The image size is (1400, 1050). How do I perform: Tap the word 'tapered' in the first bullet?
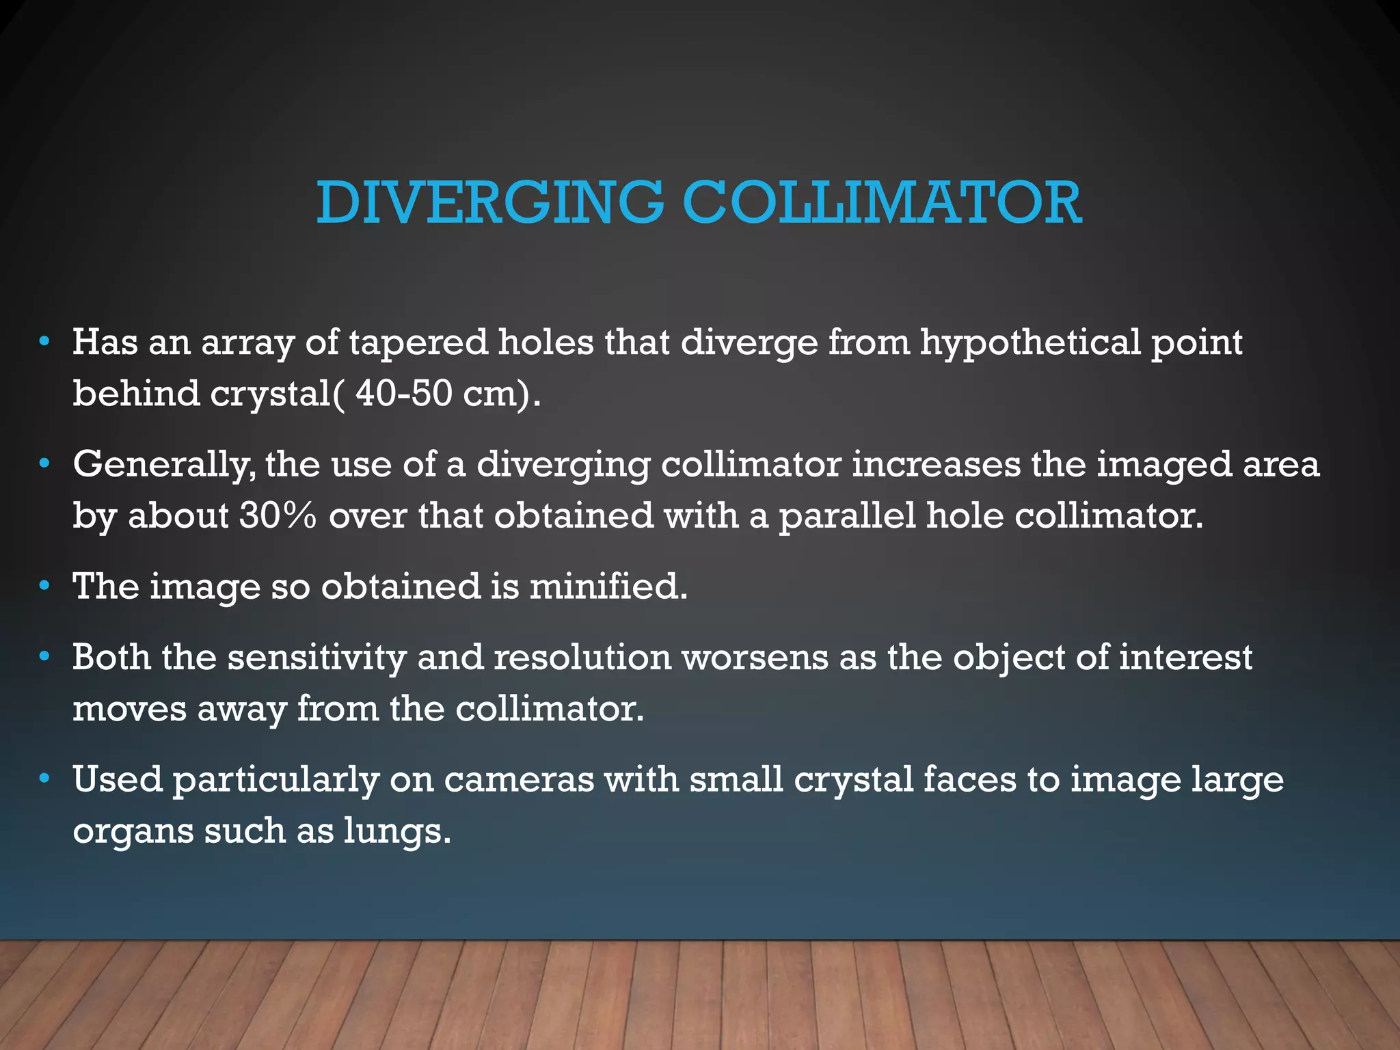coord(418,342)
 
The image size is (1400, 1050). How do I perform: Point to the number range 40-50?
coord(403,394)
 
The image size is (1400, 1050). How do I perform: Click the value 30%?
coord(278,516)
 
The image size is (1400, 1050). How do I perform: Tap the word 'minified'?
coord(607,587)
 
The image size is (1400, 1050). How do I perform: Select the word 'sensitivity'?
coord(317,658)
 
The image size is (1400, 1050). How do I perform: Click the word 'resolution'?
coord(582,658)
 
